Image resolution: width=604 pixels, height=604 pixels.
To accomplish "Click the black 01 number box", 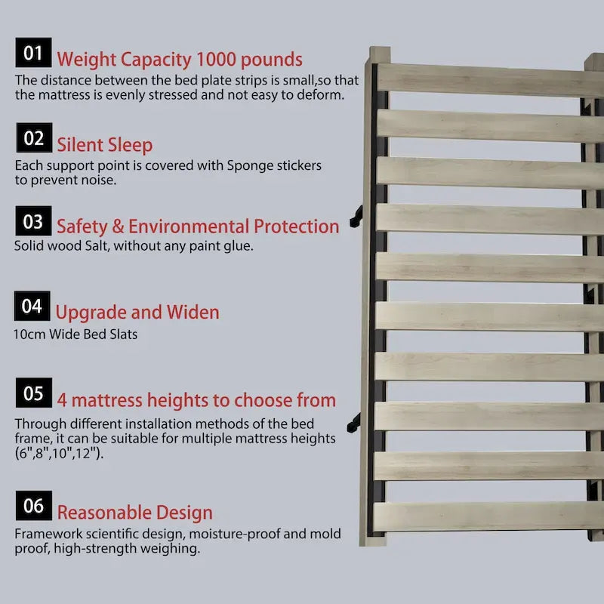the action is coord(33,52).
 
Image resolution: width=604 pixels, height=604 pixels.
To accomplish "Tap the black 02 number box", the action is coord(34,137).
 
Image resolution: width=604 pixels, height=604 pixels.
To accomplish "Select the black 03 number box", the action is coord(33,220).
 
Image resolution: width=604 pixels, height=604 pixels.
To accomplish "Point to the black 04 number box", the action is coord(32,306).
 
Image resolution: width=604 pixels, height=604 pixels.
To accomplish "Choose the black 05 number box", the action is coord(34,393).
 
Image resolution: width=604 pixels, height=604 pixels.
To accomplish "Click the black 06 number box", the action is coord(34,505).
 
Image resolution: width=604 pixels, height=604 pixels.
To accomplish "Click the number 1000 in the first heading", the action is coord(216,60).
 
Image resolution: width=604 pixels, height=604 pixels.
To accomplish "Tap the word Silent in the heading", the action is coord(80,145).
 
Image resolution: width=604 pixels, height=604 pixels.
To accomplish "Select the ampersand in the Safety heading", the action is coord(118,226).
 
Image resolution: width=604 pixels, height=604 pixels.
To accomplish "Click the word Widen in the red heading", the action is coord(193,312).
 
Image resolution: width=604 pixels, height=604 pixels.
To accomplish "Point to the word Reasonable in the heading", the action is coord(104,513).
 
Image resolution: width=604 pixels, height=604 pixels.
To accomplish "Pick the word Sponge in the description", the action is coord(247,166).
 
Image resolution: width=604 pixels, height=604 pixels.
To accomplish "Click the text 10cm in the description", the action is coord(29,334).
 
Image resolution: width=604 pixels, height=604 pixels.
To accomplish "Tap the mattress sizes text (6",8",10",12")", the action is coord(60,454).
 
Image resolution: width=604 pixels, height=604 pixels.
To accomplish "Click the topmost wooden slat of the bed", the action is coord(489,80).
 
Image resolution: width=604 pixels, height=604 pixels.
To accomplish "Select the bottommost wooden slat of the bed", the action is coord(488,516).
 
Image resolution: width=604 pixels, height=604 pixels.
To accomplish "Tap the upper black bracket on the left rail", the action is coord(356,217).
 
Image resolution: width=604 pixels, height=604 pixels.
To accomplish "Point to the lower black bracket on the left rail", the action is coord(353,423).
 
